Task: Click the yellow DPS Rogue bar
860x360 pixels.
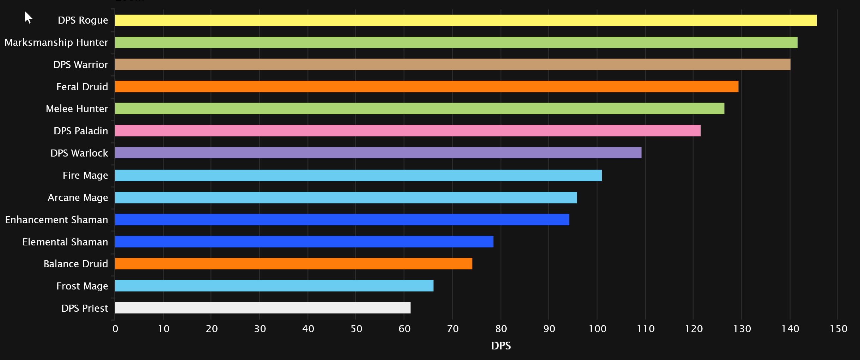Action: (465, 20)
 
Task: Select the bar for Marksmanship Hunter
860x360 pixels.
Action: (456, 42)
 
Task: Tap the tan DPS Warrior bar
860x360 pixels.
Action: (452, 65)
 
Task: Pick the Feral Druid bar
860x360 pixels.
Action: (427, 87)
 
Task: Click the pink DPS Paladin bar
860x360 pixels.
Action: (408, 131)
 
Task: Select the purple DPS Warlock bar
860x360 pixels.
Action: (378, 153)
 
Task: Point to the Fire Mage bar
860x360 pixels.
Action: (358, 176)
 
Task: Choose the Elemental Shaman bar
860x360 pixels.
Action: (304, 242)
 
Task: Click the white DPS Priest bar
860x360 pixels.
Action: (263, 308)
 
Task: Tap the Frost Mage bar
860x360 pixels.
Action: (274, 286)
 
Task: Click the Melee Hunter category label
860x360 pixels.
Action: (77, 109)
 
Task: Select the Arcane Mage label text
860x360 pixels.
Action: (78, 197)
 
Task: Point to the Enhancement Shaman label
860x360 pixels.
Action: (56, 220)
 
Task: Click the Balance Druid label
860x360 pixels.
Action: (76, 264)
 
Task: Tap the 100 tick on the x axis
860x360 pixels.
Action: (597, 329)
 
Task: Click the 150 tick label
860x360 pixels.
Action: (838, 329)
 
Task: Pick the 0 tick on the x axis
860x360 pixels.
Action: (115, 329)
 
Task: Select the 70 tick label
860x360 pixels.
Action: (453, 329)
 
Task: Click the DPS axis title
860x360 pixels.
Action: (501, 346)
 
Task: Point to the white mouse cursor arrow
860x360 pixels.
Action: (28, 17)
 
